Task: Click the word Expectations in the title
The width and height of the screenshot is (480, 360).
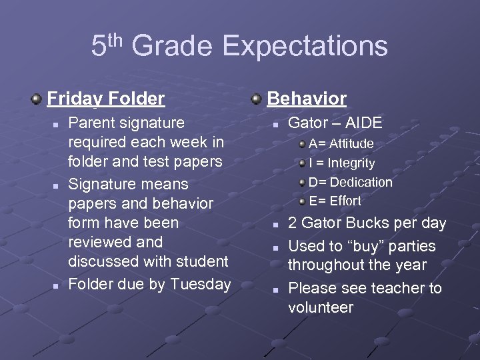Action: (305, 47)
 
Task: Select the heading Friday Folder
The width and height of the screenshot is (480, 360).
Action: (105, 99)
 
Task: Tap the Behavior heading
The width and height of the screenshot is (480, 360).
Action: (307, 99)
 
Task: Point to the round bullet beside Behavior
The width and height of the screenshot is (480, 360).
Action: (256, 99)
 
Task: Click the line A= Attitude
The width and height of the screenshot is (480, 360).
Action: (341, 143)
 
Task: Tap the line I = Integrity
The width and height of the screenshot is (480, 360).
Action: (341, 163)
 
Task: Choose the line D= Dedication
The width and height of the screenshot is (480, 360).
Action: (350, 182)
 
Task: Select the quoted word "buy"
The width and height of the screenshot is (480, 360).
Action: (378, 246)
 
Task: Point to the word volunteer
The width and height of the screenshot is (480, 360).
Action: (320, 307)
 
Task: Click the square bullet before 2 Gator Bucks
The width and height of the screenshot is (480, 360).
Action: (275, 224)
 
